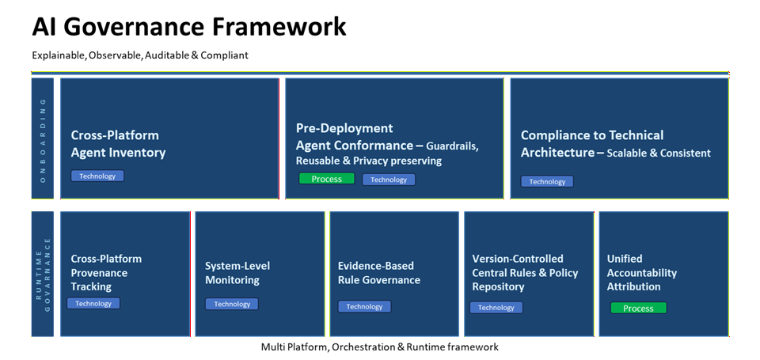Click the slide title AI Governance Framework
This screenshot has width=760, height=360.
coord(189,27)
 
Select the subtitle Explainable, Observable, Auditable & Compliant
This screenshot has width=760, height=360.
coord(140,55)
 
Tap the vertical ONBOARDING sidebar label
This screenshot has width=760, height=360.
coord(43,138)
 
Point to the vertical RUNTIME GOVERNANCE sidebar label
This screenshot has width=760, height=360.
coord(43,273)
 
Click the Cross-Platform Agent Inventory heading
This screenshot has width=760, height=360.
coord(118,144)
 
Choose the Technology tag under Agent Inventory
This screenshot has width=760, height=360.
coord(97,176)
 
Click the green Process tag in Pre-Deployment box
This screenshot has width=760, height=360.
coord(326,179)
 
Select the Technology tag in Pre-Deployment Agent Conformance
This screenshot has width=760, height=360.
coord(389,180)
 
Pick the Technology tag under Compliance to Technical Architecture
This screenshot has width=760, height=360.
coord(547,181)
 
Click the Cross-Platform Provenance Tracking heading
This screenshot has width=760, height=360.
coord(106,272)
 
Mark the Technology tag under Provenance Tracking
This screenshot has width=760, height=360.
coord(93,303)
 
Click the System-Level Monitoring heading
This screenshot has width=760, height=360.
coord(237,273)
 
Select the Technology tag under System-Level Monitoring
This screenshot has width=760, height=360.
coord(232,304)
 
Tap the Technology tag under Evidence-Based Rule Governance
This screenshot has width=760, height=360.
coord(364,306)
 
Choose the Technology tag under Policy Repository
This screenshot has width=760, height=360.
coord(496,307)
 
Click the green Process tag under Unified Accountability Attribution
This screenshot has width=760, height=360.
coord(638,308)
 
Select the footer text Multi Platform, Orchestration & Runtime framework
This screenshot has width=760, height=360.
coord(380,347)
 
